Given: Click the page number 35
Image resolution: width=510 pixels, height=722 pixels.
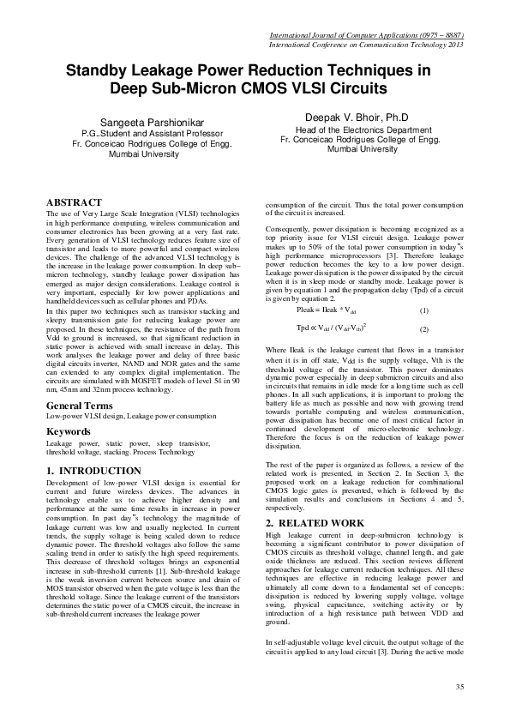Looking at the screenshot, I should point(459,688).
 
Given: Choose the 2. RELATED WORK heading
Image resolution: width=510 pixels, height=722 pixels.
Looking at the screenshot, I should point(315,522).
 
